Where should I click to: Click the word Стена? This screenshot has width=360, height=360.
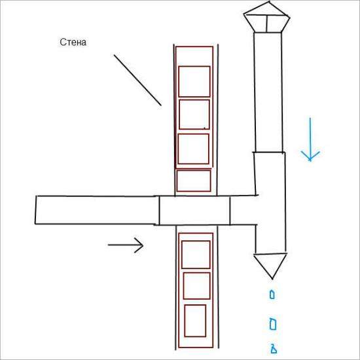(73, 43)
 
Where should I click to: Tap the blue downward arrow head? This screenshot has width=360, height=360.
(310, 156)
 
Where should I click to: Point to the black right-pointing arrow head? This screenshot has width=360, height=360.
(139, 245)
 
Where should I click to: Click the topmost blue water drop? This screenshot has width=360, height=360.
(272, 295)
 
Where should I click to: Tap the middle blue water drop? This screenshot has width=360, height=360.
(273, 324)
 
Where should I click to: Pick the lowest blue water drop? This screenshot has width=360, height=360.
(274, 349)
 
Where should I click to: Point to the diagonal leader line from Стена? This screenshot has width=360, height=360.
(137, 80)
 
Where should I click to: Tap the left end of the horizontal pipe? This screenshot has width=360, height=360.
(35, 210)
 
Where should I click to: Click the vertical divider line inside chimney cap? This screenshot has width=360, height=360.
(267, 24)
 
